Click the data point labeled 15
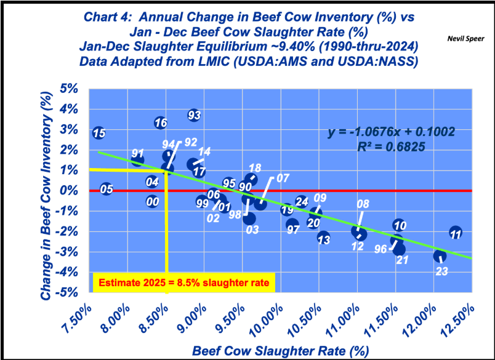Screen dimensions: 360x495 (99, 133)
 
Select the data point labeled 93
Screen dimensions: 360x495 (194, 115)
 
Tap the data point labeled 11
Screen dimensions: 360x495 (456, 233)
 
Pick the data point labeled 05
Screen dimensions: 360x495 (107, 189)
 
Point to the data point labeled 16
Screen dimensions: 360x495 (161, 122)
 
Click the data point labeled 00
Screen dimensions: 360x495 (153, 201)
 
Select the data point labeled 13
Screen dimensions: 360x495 (324, 238)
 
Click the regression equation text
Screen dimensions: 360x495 (391, 132)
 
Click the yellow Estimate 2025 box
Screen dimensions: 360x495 (183, 283)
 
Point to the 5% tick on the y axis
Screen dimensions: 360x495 (71, 89)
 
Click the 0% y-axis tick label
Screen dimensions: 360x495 (71, 190)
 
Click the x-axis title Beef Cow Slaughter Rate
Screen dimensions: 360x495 (280, 351)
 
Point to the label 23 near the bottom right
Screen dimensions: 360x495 (441, 271)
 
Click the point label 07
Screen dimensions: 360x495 (283, 178)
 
